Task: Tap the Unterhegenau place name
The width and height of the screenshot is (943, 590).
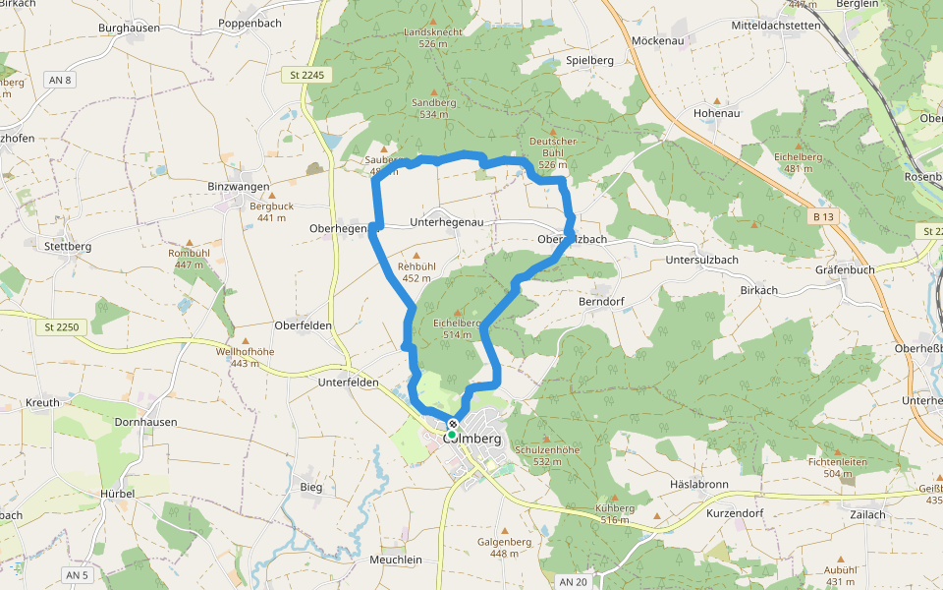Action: pos(447,223)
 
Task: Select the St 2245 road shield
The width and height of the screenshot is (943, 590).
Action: pos(307,75)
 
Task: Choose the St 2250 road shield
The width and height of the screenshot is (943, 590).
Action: pos(61,325)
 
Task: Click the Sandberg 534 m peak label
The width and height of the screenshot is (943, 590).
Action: pos(433,107)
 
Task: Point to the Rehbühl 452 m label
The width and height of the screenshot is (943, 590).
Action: pos(416,271)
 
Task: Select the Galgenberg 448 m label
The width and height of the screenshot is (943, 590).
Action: pos(504,547)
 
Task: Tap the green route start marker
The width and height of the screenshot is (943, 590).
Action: pos(452,435)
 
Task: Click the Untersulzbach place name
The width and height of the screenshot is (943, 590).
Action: pos(700,260)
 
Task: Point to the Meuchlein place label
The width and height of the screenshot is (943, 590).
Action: pos(395,560)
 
